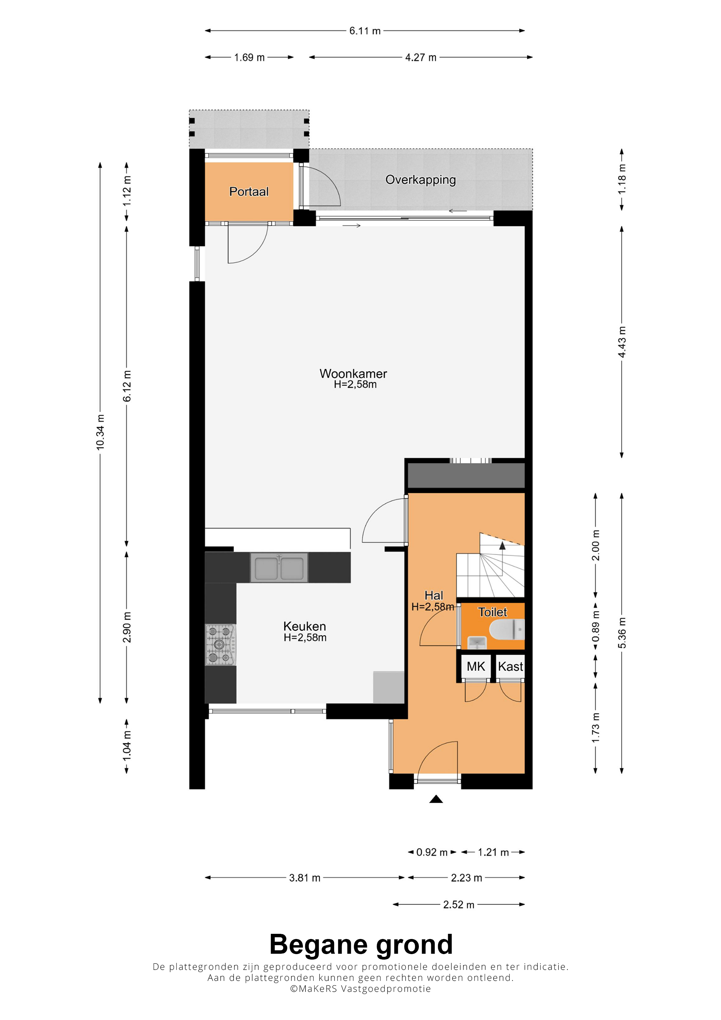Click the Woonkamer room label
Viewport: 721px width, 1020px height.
pos(353,374)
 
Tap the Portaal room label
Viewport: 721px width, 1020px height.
pos(249,192)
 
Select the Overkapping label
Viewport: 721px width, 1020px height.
pos(421,180)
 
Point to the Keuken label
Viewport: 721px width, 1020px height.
pos(305,627)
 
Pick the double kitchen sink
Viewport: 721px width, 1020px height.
pos(279,567)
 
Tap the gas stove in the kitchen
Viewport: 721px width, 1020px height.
pos(220,645)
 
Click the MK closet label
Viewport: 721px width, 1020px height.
pos(476,666)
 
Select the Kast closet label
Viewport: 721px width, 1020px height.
pos(511,666)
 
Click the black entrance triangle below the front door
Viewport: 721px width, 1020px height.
pos(436,799)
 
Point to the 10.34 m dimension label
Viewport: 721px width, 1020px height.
pos(100,432)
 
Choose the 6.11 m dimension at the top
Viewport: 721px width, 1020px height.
pos(365,31)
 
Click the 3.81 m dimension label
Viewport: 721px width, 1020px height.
pos(305,878)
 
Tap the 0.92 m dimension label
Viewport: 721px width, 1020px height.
pos(432,852)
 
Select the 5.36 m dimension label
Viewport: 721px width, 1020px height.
pos(622,633)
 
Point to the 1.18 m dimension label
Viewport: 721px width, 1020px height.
pos(622,179)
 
